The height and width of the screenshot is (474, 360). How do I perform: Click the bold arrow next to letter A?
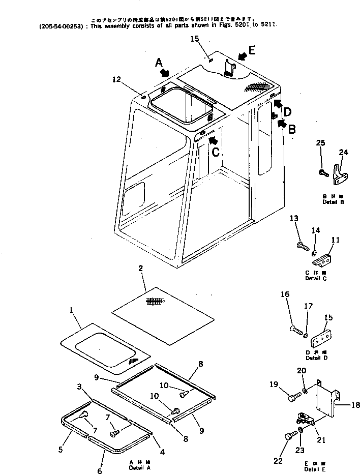click(x=164, y=73)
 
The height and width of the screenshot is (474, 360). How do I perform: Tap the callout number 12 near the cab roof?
click(x=117, y=79)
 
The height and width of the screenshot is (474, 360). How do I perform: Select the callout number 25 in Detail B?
click(x=320, y=143)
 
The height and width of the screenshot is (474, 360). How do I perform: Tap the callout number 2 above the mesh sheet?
click(x=140, y=268)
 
